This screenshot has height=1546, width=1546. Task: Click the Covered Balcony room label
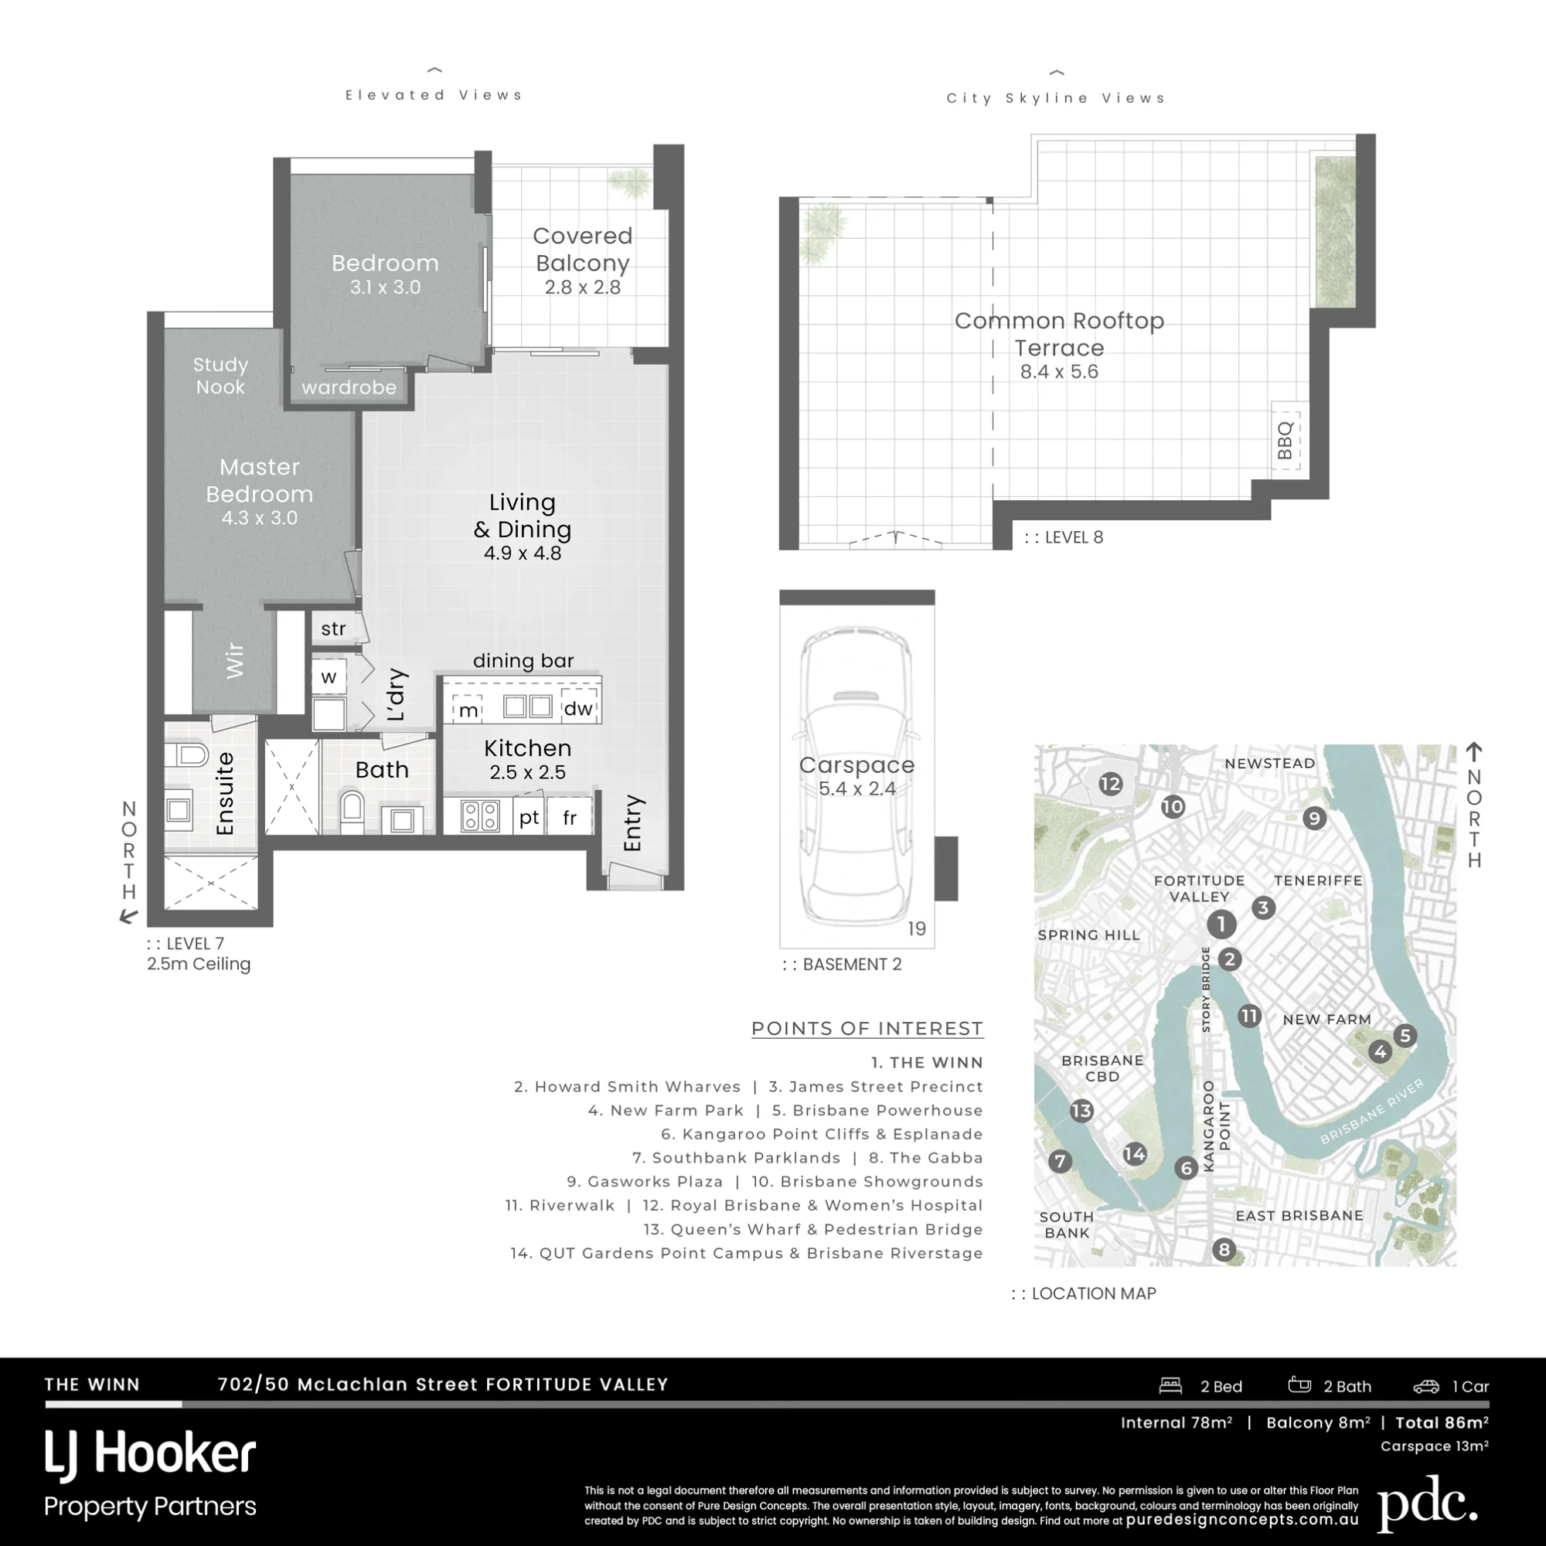[x=583, y=249]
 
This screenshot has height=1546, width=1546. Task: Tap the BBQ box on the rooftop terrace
[x=1286, y=441]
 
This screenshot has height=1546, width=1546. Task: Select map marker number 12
[x=1110, y=784]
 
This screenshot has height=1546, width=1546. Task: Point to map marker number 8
[x=1224, y=1249]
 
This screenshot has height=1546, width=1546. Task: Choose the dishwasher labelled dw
[x=577, y=707]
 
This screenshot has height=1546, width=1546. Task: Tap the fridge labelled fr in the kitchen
[x=570, y=817]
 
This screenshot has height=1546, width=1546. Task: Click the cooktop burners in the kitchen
[x=480, y=816]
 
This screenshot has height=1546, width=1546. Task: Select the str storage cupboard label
[x=334, y=628]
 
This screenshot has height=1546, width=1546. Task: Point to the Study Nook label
[x=220, y=376]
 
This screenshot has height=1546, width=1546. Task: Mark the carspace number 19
[x=916, y=928]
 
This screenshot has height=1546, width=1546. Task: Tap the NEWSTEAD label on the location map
[x=1270, y=764]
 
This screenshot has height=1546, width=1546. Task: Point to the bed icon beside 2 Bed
[x=1170, y=1386]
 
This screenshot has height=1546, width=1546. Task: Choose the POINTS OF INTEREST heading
[x=867, y=1028]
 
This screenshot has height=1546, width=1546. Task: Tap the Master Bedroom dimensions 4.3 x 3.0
[x=259, y=518]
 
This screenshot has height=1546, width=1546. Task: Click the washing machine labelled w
[x=329, y=677]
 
